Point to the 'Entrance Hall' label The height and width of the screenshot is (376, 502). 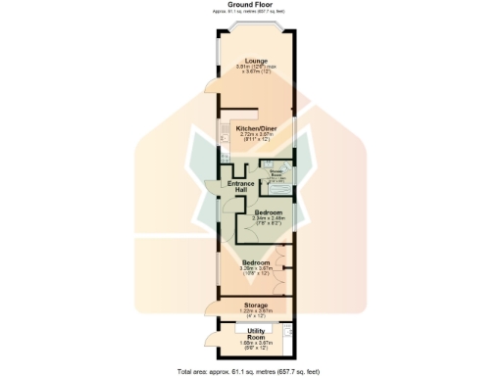coord(240,185)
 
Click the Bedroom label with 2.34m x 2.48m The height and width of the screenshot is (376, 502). coord(269,212)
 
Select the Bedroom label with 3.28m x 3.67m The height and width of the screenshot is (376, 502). coord(257,262)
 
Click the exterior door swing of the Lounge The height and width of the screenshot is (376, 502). coord(211,88)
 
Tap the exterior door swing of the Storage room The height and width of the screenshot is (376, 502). coord(211,311)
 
